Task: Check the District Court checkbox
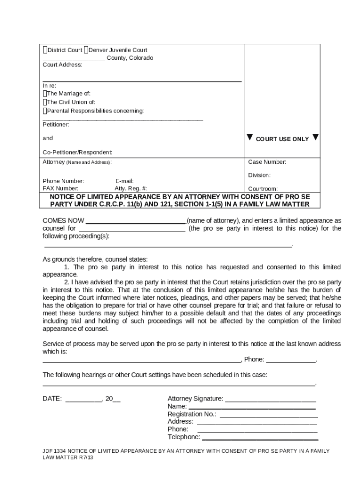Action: pos(45,50)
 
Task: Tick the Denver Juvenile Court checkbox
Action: pos(86,50)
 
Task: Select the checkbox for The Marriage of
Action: pos(45,93)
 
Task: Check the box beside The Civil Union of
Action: pos(45,102)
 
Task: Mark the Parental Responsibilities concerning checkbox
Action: pos(45,111)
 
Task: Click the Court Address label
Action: pos(62,65)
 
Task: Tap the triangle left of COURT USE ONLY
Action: pos(250,138)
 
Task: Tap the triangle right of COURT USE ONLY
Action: pos(315,138)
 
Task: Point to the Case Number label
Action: pos(267,162)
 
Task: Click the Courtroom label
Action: pos(263,189)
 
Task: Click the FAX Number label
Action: pos(60,188)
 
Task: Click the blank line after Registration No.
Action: pos(268,415)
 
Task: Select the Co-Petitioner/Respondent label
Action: pos(77,153)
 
